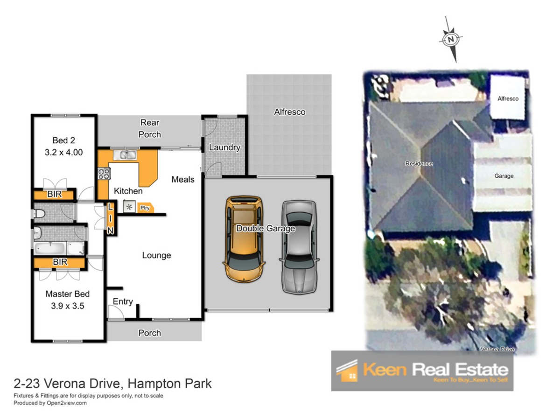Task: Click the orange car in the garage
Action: point(244,239)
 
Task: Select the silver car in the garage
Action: point(299,246)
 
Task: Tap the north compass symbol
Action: point(451,40)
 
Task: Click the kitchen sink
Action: point(125,155)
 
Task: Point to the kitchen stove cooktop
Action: point(104,174)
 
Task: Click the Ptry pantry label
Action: point(145,208)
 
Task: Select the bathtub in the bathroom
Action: point(50,248)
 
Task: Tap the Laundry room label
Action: point(224,147)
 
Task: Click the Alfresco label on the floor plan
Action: point(290,112)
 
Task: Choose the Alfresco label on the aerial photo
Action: point(508,98)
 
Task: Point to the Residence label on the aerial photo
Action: point(419,163)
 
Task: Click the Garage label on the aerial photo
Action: point(504,176)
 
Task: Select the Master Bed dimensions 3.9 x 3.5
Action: point(67,306)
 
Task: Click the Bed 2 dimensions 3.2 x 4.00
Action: point(63,152)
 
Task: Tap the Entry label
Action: point(123,301)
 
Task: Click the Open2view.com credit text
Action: point(67,403)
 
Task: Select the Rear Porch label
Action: point(150,128)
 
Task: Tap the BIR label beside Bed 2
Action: point(54,194)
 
